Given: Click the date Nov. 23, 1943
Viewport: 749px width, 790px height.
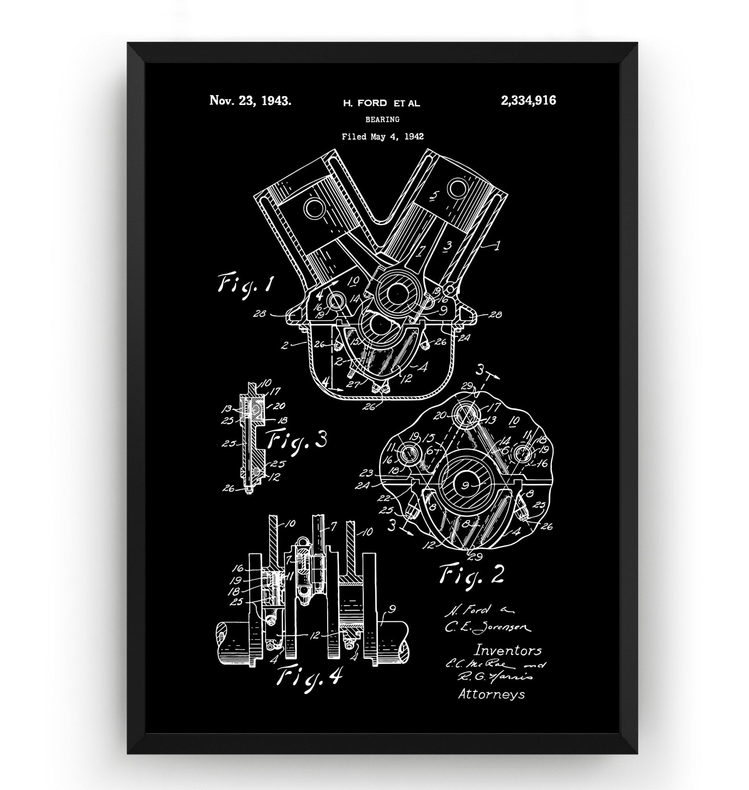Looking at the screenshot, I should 250,101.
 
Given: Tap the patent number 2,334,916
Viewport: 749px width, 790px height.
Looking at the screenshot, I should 528,100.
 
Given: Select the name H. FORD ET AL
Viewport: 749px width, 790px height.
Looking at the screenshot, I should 381,103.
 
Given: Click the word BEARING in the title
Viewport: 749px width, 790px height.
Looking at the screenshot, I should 382,119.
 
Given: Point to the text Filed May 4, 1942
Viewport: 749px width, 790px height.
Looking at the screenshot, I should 382,137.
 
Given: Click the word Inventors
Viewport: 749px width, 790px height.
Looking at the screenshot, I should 507,650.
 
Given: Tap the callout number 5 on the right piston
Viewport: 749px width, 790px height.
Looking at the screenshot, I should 435,196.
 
